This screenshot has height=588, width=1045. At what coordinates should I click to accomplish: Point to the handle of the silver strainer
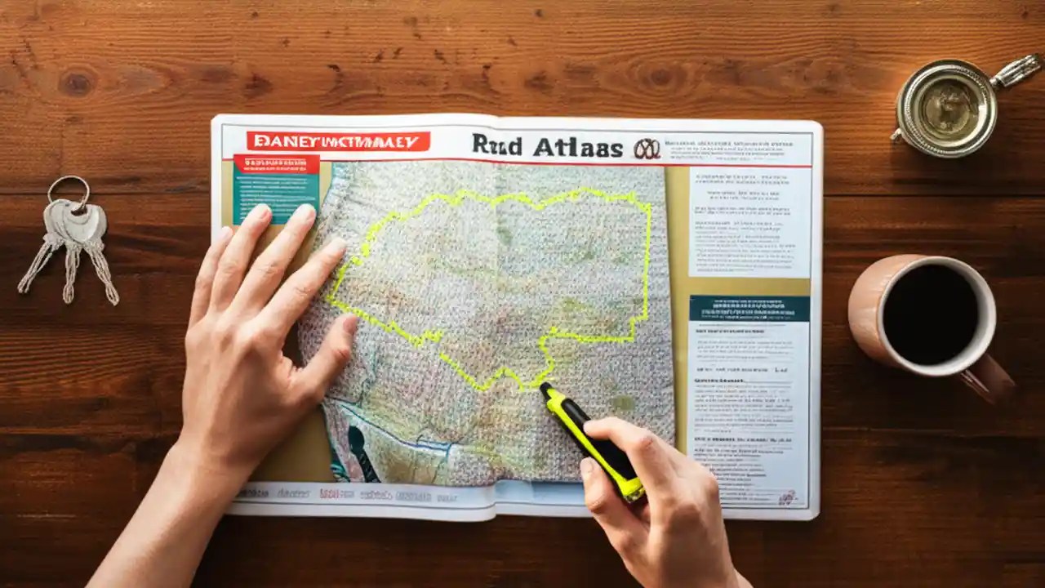(1016, 69)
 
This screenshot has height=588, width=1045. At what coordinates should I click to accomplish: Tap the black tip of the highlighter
(546, 390)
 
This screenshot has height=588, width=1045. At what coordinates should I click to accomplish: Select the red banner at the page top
(338, 141)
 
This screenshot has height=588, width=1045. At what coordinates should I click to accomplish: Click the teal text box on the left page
(276, 196)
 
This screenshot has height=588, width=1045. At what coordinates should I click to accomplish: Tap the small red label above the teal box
(276, 163)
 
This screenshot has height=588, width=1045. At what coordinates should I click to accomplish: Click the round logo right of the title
(646, 149)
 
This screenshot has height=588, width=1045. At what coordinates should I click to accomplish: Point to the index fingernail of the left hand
(304, 214)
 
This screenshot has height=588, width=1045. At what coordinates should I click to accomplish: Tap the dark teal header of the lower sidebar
(749, 308)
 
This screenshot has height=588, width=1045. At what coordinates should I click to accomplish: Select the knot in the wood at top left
(78, 82)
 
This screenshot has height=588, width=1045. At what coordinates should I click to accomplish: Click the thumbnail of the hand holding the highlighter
(587, 466)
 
